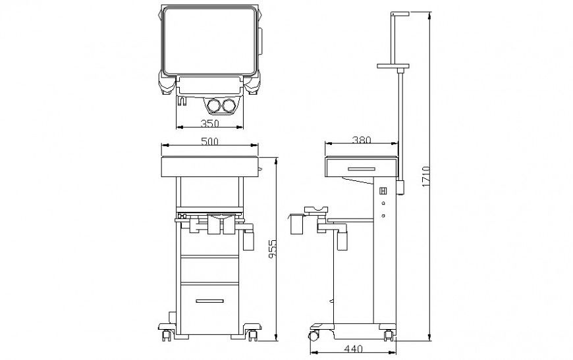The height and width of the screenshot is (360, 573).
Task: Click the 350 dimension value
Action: tap(209, 124)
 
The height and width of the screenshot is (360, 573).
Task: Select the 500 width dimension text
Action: tap(209, 141)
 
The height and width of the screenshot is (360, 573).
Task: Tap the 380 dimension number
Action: tap(361, 140)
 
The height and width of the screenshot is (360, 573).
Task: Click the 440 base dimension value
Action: tap(352, 349)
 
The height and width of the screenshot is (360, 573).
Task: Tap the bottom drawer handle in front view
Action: tap(209, 301)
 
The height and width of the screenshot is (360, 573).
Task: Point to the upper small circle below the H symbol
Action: tap(383, 204)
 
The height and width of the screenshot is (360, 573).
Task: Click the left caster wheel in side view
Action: tap(315, 336)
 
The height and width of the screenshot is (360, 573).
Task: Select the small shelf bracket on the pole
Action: tap(393, 66)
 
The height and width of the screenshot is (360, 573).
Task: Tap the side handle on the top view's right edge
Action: tap(260, 41)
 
